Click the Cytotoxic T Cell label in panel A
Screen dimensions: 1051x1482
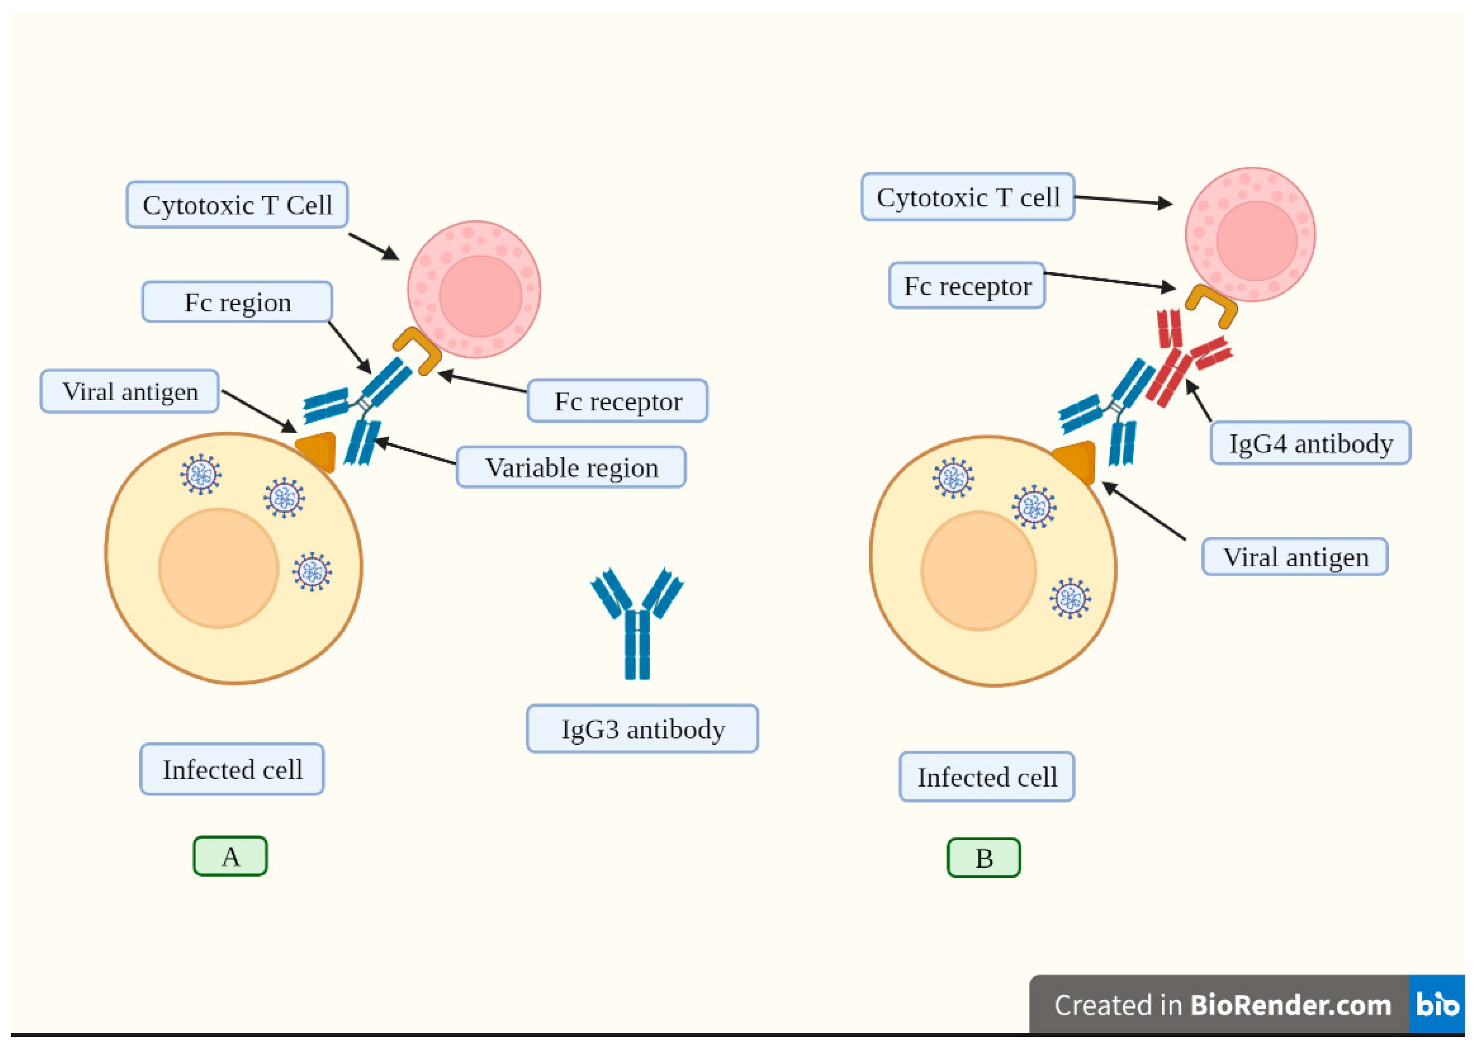tap(237, 205)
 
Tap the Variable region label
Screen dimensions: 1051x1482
tap(571, 467)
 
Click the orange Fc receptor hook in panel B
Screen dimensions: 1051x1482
tap(1212, 304)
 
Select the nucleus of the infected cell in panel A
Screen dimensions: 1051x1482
tap(219, 568)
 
